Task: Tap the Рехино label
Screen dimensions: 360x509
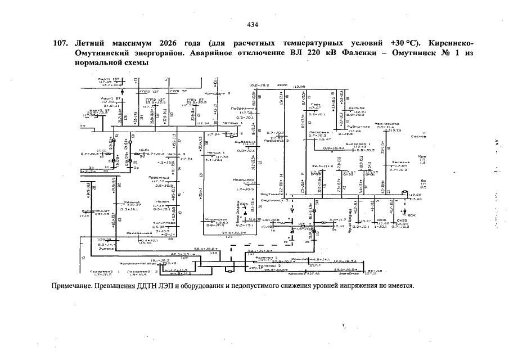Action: [x=132, y=201]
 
